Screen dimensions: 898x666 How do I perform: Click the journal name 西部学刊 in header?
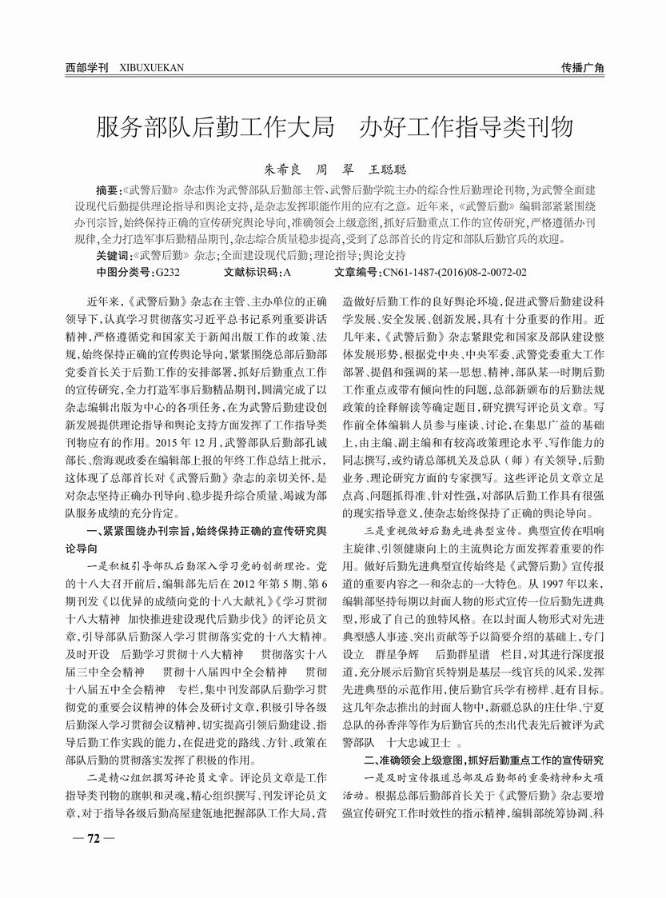(x=86, y=68)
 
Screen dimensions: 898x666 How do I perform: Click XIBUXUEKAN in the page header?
(x=151, y=68)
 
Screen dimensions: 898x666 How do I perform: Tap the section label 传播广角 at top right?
(x=583, y=68)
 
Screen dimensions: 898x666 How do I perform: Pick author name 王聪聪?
(x=387, y=170)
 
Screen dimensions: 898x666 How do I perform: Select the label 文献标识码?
(x=251, y=273)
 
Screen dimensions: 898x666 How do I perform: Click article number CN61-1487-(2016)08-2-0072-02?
(x=455, y=273)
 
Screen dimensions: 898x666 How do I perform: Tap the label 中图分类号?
(x=124, y=273)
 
